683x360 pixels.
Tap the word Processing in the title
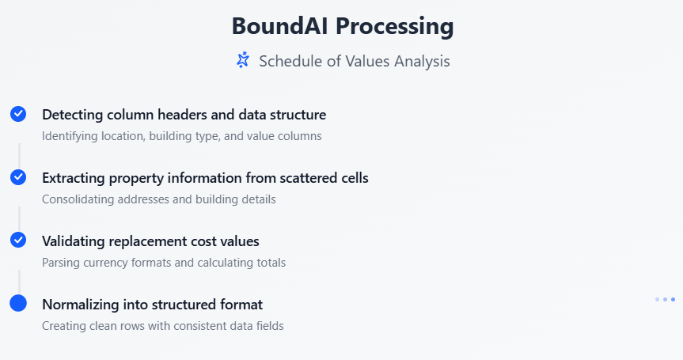[395, 27]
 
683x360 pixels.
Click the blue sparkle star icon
[243, 60]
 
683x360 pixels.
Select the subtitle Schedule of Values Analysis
[354, 62]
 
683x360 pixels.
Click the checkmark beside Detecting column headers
[18, 114]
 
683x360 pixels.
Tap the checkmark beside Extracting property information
[18, 177]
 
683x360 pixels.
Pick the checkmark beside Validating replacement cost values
[18, 240]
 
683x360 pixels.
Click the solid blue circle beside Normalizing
[18, 303]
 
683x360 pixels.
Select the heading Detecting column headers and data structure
[184, 115]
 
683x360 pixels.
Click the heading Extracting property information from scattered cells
[205, 178]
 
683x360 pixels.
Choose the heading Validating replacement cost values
[150, 241]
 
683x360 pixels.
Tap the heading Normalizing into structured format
[153, 305]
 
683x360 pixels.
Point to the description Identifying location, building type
[182, 136]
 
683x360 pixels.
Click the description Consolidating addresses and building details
[159, 199]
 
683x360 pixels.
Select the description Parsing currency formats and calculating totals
[164, 263]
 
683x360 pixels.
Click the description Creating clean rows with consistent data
[163, 326]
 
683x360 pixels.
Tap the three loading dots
[665, 300]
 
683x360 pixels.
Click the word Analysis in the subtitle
[422, 62]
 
